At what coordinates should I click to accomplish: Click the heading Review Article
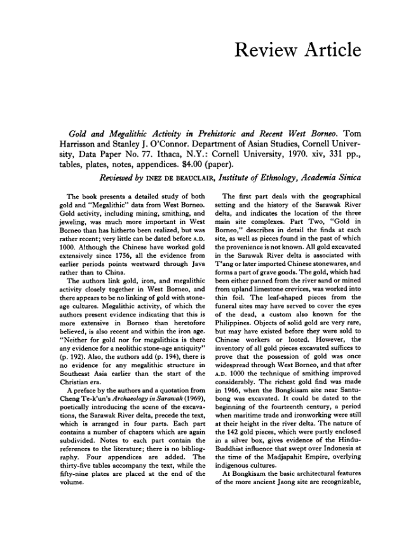pyautogui.click(x=298, y=50)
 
